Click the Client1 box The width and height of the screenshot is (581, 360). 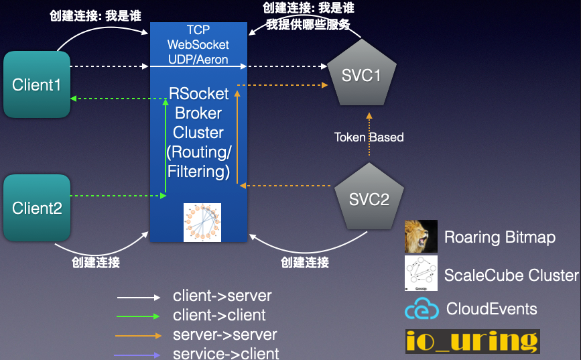click(37, 85)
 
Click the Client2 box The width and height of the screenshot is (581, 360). click(37, 208)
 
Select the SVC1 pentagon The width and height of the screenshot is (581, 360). click(361, 74)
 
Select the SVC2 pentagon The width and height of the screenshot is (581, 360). click(369, 199)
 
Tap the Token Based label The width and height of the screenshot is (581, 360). click(369, 137)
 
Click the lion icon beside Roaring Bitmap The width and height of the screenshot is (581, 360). click(421, 237)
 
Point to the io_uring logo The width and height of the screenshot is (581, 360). click(472, 341)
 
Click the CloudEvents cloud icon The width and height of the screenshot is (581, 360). click(422, 309)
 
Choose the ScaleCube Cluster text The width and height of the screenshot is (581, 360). click(511, 275)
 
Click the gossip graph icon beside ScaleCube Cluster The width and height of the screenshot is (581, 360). click(421, 273)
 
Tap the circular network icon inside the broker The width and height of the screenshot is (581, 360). click(202, 222)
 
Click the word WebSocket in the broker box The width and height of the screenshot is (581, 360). click(198, 45)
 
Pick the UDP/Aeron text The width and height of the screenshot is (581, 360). click(198, 60)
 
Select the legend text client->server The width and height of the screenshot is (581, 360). click(222, 296)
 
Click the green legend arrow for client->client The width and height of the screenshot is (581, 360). click(139, 316)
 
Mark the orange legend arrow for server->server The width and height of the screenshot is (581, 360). click(139, 335)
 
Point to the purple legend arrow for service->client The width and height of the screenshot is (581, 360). click(139, 353)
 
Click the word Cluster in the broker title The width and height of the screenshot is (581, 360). click(198, 133)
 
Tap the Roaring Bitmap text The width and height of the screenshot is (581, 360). click(500, 237)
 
